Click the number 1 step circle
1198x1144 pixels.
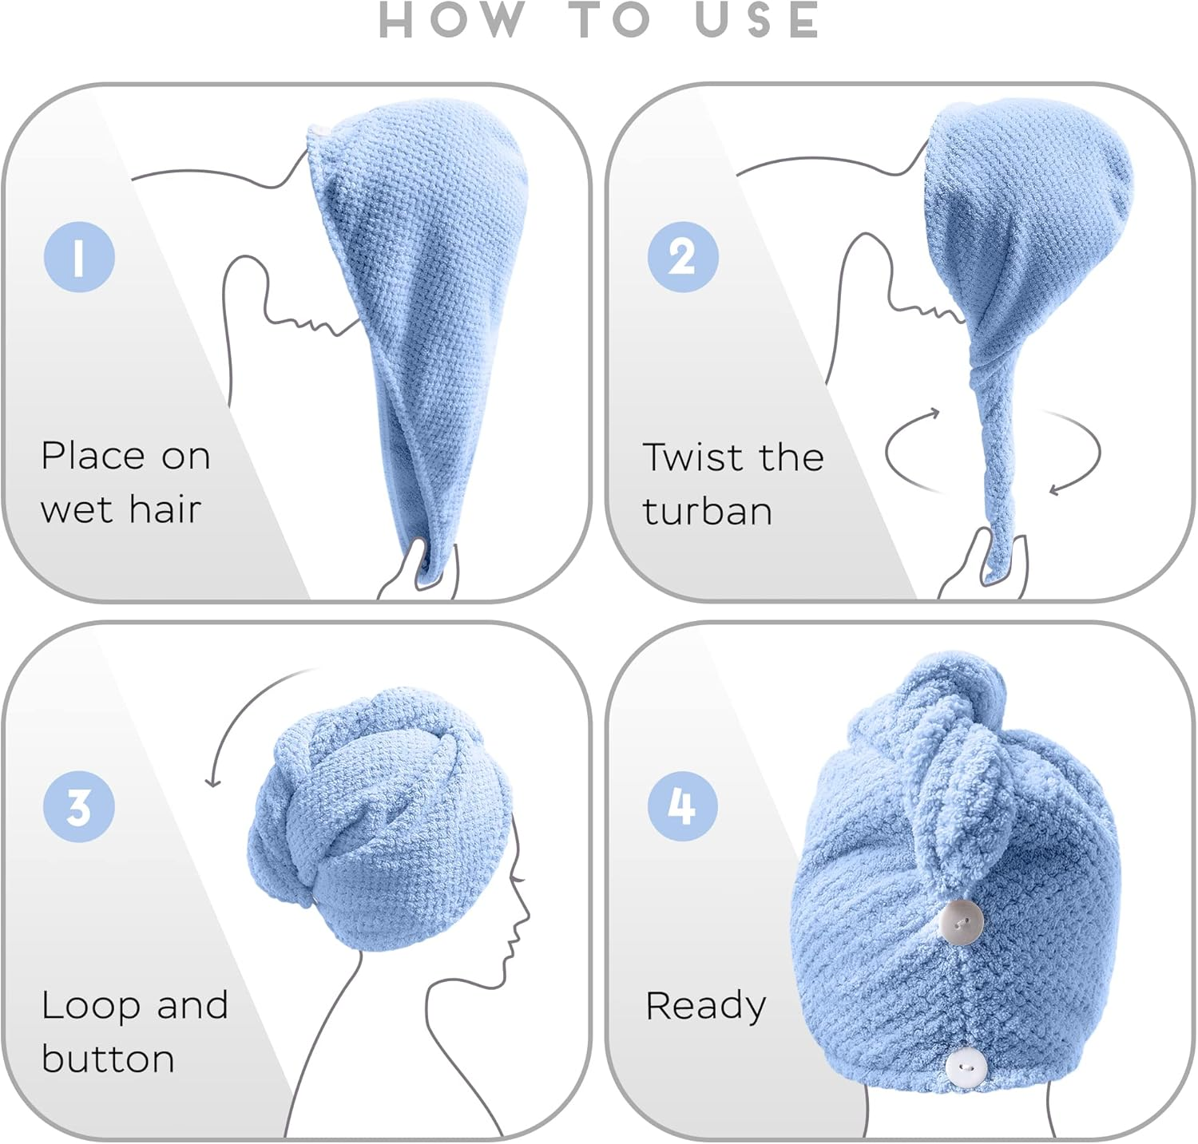pyautogui.click(x=79, y=257)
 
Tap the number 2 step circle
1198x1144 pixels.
pyautogui.click(x=682, y=257)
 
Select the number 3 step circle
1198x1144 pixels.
pyautogui.click(x=79, y=806)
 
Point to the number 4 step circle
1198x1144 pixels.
pyautogui.click(x=682, y=806)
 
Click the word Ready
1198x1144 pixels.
pyautogui.click(x=705, y=1006)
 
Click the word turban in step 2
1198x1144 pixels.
pyautogui.click(x=708, y=511)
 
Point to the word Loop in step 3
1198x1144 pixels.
pyautogui.click(x=92, y=1006)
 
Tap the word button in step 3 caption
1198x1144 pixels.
pyautogui.click(x=108, y=1059)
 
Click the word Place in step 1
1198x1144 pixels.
pyautogui.click(x=92, y=457)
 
